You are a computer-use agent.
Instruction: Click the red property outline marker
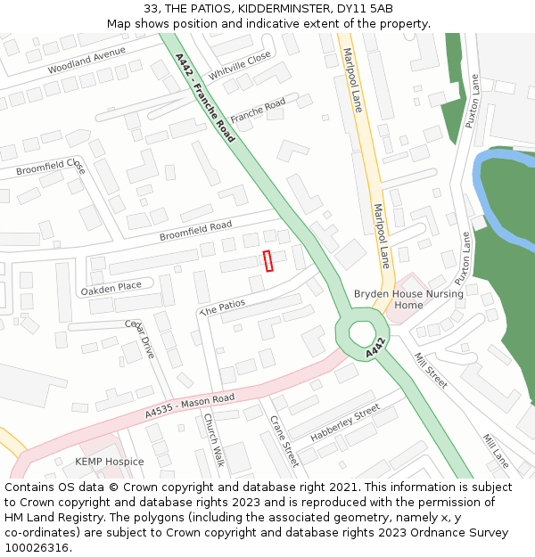click(267, 261)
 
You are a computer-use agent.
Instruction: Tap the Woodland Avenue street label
click(87, 60)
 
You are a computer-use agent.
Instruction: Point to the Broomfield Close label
click(51, 168)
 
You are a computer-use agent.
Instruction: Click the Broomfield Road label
click(195, 231)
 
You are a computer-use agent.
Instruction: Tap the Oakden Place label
click(111, 287)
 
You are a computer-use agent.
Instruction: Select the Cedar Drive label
click(140, 340)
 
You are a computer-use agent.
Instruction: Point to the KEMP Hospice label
click(109, 462)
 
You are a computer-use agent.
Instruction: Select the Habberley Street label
click(345, 424)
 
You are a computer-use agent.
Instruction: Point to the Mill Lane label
click(495, 451)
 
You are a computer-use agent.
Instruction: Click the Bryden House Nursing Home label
click(408, 299)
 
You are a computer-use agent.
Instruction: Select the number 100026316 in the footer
click(36, 547)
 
